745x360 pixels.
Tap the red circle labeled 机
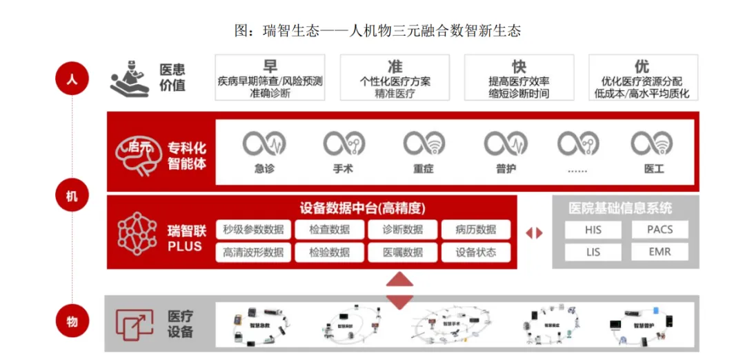[72, 197]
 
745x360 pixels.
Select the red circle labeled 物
[72, 321]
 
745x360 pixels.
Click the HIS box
[593, 230]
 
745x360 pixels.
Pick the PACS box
[660, 230]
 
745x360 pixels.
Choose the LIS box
[593, 252]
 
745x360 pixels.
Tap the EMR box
[660, 252]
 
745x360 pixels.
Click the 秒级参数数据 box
[253, 230]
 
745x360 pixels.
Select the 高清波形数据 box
[253, 252]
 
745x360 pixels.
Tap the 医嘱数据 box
[404, 252]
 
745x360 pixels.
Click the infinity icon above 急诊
[264, 143]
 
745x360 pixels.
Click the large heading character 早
[270, 66]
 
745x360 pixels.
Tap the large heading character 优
[642, 66]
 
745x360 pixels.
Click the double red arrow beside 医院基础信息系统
[534, 233]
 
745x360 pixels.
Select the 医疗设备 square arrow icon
[134, 323]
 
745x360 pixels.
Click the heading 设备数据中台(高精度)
[362, 208]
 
